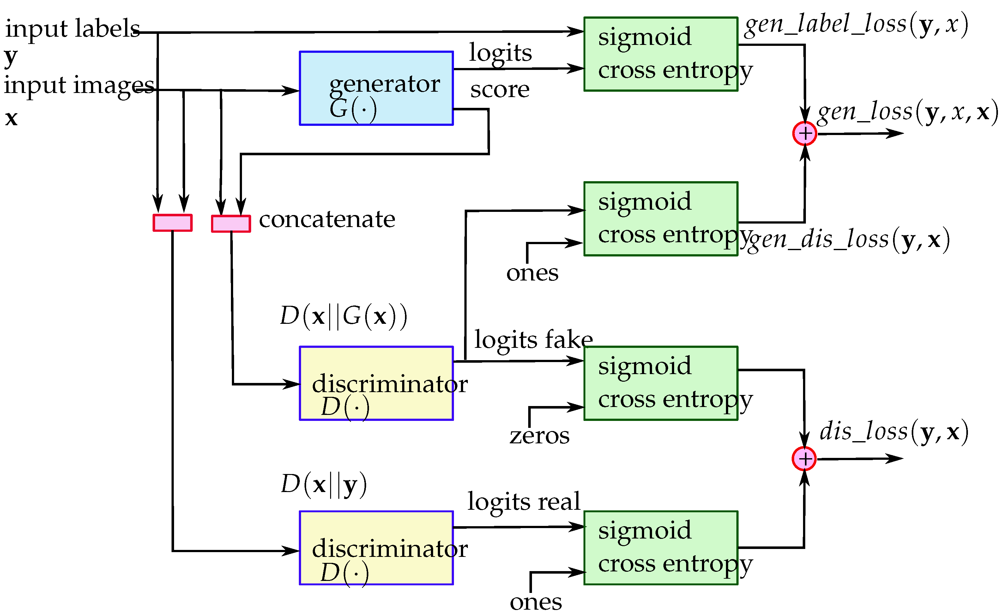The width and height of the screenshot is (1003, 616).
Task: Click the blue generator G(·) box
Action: point(376,88)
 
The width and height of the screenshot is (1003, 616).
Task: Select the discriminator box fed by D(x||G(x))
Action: point(376,383)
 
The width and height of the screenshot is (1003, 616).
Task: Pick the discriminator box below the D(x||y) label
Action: point(376,548)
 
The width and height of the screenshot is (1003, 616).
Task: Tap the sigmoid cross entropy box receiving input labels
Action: point(660,54)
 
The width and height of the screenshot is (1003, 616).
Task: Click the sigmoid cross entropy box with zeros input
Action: point(660,383)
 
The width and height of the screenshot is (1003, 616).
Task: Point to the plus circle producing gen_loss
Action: point(804,133)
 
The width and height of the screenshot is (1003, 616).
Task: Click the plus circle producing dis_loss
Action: point(804,459)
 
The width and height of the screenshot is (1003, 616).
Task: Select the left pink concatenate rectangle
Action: point(172,223)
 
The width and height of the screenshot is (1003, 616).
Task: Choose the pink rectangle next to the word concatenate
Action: point(231,224)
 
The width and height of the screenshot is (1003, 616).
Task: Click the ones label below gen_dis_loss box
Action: point(532,273)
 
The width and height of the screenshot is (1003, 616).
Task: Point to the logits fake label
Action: point(533,339)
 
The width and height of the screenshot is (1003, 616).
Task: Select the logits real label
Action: point(523,502)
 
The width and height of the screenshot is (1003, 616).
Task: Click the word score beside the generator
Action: point(499,89)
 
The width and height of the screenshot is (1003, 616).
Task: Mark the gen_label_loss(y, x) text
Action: point(856,24)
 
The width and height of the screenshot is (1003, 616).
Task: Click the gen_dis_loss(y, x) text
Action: point(849,240)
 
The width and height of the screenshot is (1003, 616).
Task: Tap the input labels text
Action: point(72,28)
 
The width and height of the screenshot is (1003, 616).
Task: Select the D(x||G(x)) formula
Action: point(343,316)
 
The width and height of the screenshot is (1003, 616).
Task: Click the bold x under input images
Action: point(11,119)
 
